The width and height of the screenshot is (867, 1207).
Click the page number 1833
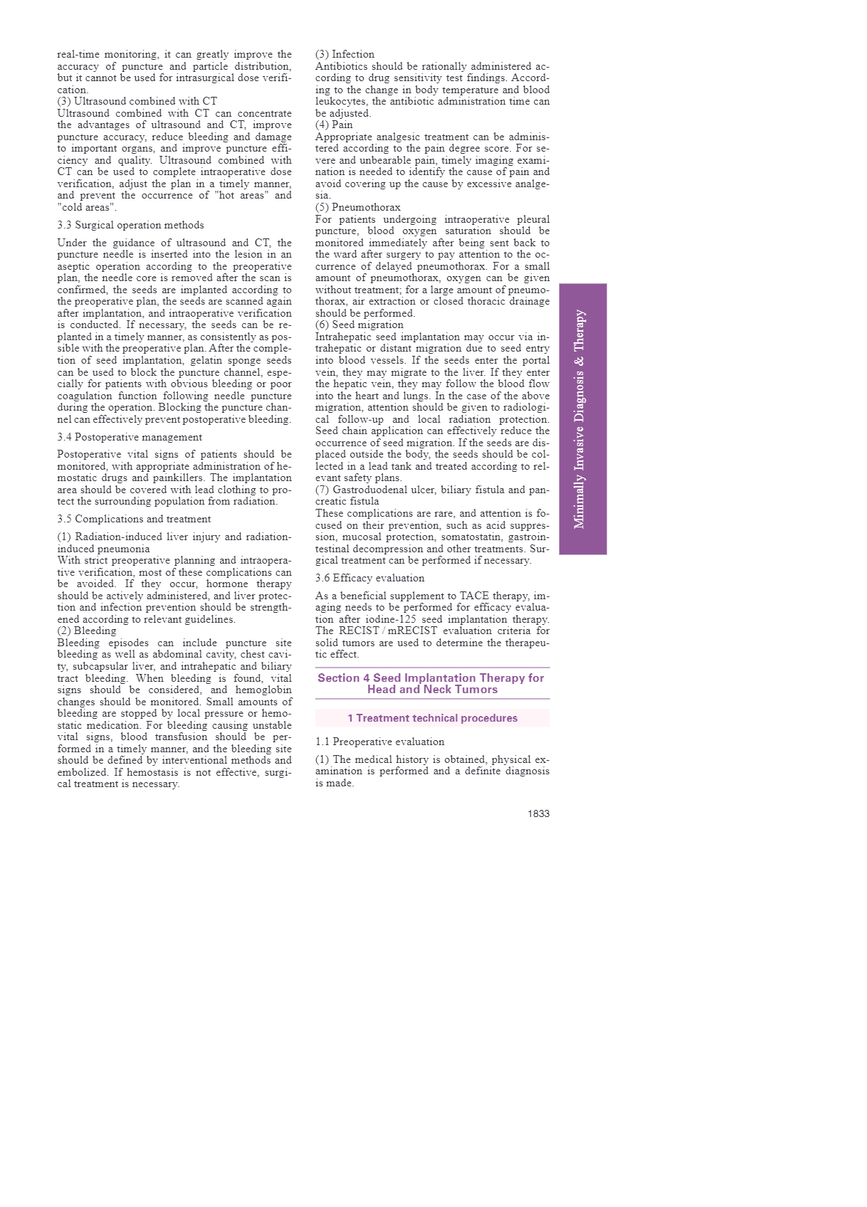tap(538, 813)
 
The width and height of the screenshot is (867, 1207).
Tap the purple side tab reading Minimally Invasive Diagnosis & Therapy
tap(582, 419)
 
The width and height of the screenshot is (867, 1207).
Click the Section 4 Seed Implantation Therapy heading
tap(431, 683)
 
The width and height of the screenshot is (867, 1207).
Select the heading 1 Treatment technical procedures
tap(432, 718)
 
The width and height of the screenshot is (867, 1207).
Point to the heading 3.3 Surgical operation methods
tap(130, 225)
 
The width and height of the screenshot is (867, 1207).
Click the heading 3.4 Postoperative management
tap(130, 437)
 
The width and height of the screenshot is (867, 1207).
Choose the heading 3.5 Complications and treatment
tap(134, 519)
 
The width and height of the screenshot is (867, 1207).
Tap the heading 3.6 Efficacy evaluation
tap(369, 578)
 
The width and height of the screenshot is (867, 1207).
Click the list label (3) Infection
tap(345, 54)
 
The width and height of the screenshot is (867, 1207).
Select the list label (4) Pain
tap(334, 125)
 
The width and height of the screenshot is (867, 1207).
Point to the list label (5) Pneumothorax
tap(357, 207)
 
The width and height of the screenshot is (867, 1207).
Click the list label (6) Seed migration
tap(359, 325)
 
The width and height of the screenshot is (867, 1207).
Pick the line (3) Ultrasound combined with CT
tap(137, 101)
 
